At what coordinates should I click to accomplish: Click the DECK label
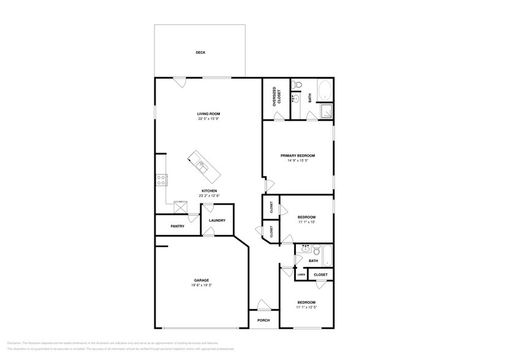pyautogui.click(x=200, y=53)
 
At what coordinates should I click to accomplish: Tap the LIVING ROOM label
pyautogui.click(x=208, y=114)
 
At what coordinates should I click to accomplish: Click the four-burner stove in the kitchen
pyautogui.click(x=162, y=180)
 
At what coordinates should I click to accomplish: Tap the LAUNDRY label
pyautogui.click(x=217, y=220)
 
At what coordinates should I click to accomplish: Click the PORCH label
pyautogui.click(x=263, y=320)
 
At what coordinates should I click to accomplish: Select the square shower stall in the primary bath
pyautogui.click(x=327, y=111)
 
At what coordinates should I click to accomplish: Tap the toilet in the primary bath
pyautogui.click(x=296, y=84)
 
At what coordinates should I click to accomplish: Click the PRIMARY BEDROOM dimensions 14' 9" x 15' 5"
pyautogui.click(x=298, y=160)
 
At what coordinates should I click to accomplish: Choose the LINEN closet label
pyautogui.click(x=301, y=275)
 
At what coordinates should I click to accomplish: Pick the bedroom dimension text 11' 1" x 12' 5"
pyautogui.click(x=306, y=308)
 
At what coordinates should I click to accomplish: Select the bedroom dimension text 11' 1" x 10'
pyautogui.click(x=306, y=223)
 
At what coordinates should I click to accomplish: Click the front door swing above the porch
pyautogui.click(x=262, y=306)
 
